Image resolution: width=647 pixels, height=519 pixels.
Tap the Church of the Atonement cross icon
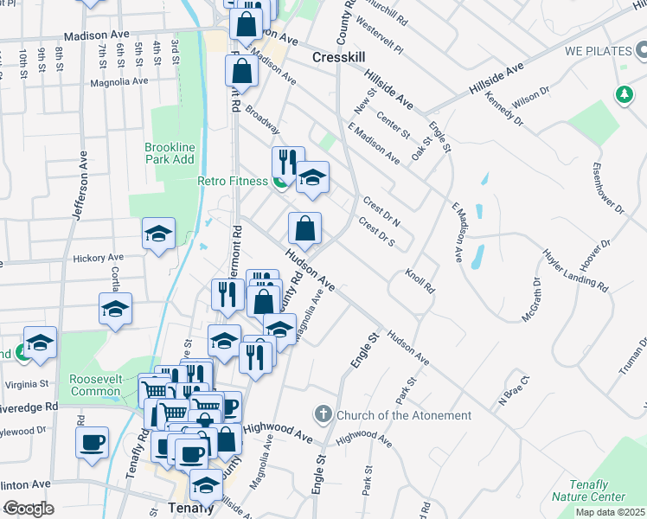click(x=324, y=415)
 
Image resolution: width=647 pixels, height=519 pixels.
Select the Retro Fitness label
click(x=232, y=181)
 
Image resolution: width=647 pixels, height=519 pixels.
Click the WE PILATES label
click(x=598, y=51)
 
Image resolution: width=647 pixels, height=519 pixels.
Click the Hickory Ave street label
click(x=99, y=258)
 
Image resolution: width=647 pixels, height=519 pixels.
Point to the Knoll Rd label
click(x=419, y=279)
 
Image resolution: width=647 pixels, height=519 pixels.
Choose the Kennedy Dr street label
click(x=506, y=111)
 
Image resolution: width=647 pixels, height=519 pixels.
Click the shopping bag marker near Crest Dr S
click(x=304, y=229)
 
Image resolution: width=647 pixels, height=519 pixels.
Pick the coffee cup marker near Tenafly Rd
click(x=92, y=443)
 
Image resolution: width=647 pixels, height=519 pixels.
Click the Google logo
click(x=29, y=509)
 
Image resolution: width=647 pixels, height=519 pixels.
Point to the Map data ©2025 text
click(x=610, y=512)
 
